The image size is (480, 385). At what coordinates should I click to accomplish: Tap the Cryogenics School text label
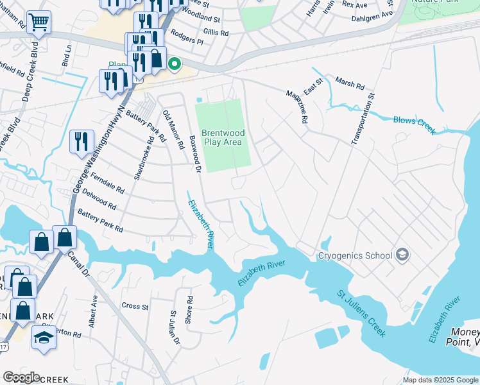(x=355, y=255)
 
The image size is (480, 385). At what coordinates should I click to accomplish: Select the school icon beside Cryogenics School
(x=402, y=255)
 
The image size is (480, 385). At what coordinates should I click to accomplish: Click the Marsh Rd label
(x=350, y=83)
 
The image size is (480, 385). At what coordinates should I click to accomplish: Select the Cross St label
(x=135, y=306)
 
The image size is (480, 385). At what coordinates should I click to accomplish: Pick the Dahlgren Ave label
(x=372, y=15)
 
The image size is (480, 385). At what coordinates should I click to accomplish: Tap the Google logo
(x=21, y=377)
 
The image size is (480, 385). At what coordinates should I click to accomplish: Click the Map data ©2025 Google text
(x=440, y=380)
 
